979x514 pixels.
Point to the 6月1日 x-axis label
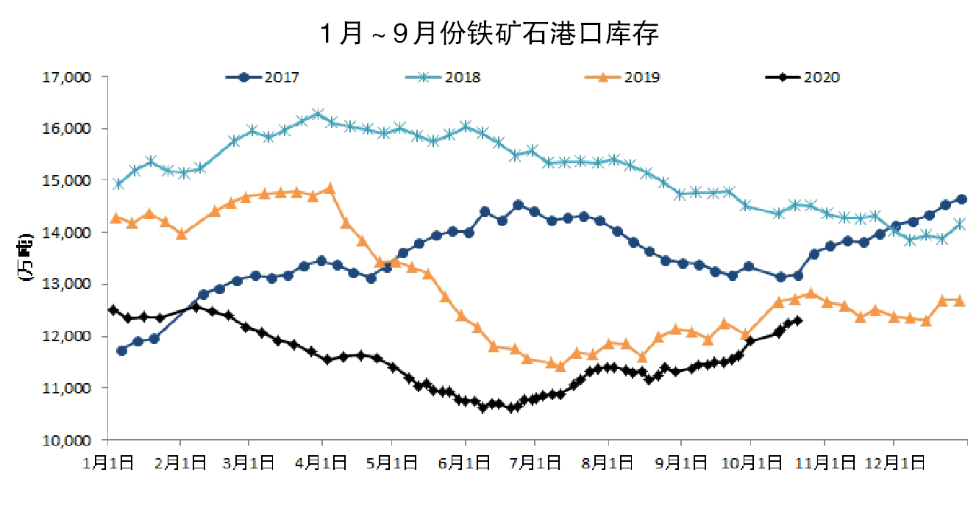click(x=465, y=464)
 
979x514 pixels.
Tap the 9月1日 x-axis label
click(x=680, y=464)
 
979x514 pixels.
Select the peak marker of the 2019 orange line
click(x=330, y=188)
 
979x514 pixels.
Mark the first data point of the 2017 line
click(x=121, y=351)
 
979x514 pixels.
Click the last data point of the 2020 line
click(x=798, y=321)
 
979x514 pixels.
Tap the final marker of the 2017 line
click(x=961, y=199)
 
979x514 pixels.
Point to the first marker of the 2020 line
click(x=113, y=310)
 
